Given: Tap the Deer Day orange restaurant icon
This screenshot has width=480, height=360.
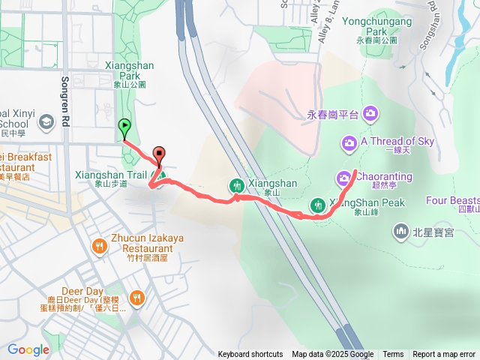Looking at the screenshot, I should [136, 298].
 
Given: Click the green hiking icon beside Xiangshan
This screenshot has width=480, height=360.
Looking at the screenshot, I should [236, 185].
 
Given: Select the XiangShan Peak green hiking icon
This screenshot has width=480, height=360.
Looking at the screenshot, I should [317, 205].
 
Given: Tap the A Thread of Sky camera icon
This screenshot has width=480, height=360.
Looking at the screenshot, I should [349, 142].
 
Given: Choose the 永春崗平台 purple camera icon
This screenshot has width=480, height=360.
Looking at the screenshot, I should [369, 114].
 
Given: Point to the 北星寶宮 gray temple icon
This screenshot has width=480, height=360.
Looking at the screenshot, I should [402, 231].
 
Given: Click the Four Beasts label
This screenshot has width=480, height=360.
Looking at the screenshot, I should [452, 200].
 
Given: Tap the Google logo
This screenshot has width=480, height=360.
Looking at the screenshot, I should [28, 349].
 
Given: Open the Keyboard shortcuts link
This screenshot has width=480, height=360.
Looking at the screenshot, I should [250, 355].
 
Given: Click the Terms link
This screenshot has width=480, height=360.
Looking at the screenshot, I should [393, 355].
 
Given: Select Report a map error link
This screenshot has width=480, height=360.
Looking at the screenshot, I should [444, 355].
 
